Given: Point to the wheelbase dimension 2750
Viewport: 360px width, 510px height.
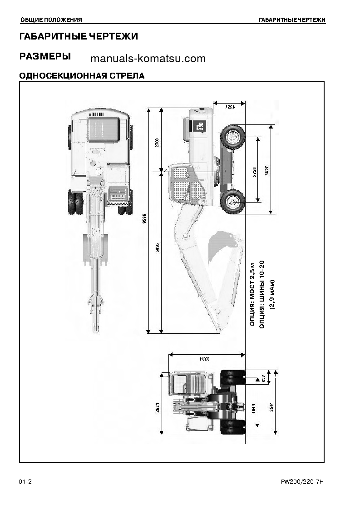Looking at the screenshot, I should click(x=255, y=171).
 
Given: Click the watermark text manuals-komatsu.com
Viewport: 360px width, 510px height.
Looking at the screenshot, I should click(x=148, y=59).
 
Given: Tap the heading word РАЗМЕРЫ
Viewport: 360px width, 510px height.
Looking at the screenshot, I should click(x=45, y=56).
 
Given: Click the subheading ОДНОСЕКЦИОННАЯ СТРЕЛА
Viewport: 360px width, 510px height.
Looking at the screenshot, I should click(x=82, y=76).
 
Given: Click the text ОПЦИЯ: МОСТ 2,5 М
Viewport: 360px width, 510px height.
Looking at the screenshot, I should click(x=253, y=294).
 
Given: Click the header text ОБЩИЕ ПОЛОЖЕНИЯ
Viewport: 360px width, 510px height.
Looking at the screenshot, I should click(x=51, y=20).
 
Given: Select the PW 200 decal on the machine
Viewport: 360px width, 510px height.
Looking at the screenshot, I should click(x=200, y=127).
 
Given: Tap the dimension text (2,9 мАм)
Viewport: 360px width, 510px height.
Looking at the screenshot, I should click(x=272, y=294).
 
